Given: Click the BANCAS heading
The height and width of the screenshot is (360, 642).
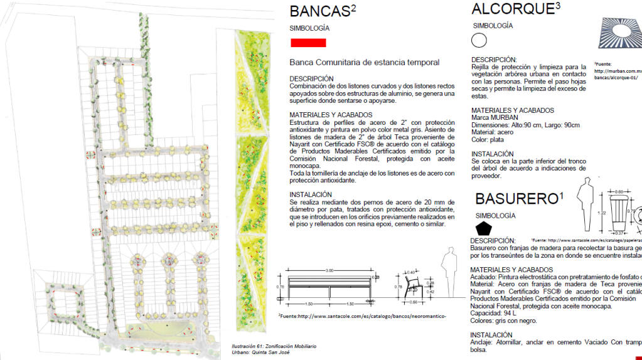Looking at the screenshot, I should tap(318, 12).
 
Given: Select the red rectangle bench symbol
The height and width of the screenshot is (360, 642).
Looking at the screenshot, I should tap(308, 43).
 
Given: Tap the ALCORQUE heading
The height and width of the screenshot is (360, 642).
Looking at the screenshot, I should tap(511, 9).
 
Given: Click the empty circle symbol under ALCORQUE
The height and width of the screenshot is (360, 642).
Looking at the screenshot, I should tap(479, 41).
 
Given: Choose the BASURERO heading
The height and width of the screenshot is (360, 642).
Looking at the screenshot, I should tap(515, 199).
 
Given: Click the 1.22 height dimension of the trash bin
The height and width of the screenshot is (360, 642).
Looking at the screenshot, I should tap(601, 213).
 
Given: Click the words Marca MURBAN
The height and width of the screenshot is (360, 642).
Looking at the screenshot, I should tap(495, 117).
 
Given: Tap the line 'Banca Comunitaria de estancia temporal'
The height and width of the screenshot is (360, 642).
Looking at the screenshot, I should tap(364, 62).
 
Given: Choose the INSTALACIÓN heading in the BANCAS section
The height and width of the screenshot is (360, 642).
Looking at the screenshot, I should tap(311, 194).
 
